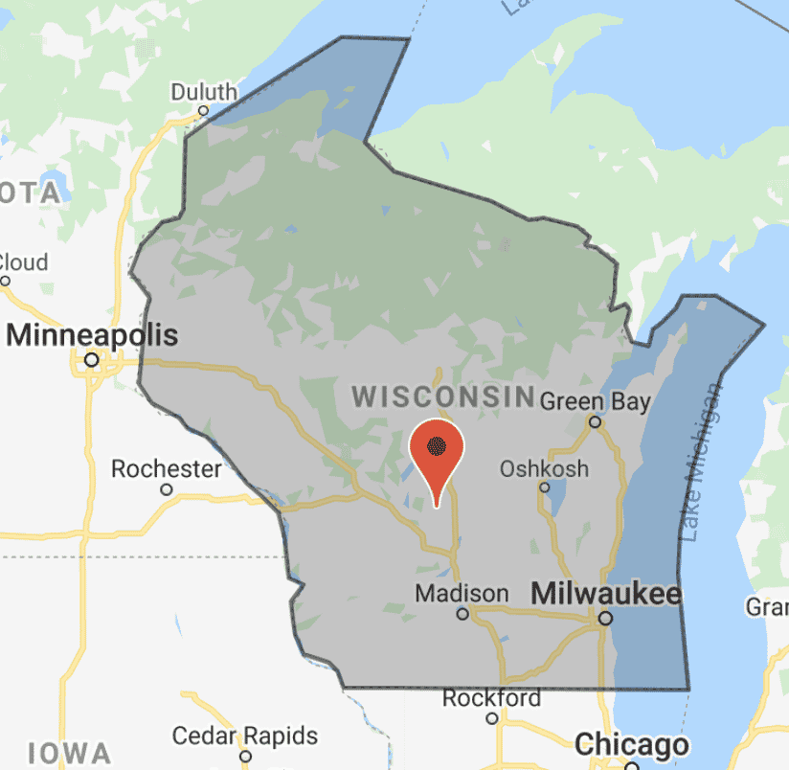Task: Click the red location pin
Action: pyautogui.click(x=437, y=450)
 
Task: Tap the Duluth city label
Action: pyautogui.click(x=204, y=92)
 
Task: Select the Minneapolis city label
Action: pyautogui.click(x=93, y=336)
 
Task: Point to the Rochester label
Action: pyautogui.click(x=167, y=469)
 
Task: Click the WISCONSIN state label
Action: pyautogui.click(x=442, y=396)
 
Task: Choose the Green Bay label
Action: pyautogui.click(x=595, y=401)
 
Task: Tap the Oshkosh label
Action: pyautogui.click(x=544, y=469)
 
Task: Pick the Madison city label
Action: pyautogui.click(x=462, y=593)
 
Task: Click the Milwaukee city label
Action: pyautogui.click(x=605, y=594)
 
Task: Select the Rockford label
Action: pyautogui.click(x=491, y=698)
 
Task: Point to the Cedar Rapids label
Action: pyautogui.click(x=244, y=736)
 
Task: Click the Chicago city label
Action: pyautogui.click(x=631, y=745)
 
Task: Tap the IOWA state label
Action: pyautogui.click(x=69, y=752)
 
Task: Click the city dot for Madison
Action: pyautogui.click(x=462, y=614)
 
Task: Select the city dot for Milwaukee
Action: pyautogui.click(x=605, y=619)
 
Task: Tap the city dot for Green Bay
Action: pyautogui.click(x=595, y=421)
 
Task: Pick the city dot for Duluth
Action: pyautogui.click(x=203, y=111)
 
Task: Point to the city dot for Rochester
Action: pyautogui.click(x=167, y=489)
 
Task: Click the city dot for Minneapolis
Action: pyautogui.click(x=91, y=360)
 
